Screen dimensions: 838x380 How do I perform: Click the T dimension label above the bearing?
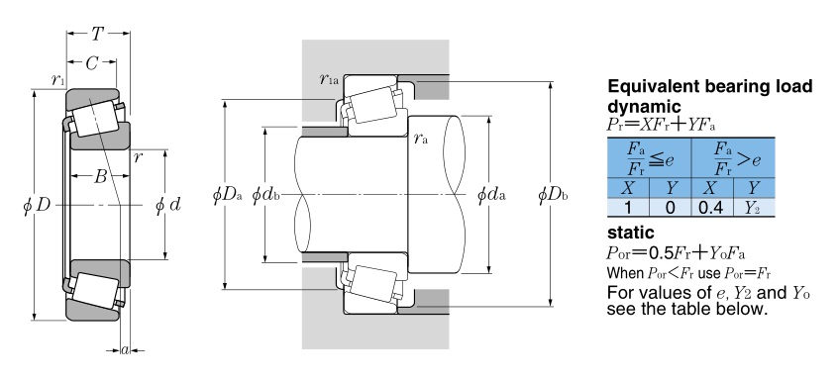(97, 35)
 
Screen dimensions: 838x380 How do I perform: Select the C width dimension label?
(92, 63)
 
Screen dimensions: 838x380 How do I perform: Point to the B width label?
(100, 177)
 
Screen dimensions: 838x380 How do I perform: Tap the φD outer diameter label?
(37, 206)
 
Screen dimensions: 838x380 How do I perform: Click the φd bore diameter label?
(168, 205)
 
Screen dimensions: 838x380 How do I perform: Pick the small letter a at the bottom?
(125, 350)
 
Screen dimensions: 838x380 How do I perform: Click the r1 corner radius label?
(57, 80)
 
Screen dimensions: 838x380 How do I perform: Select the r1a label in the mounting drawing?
(329, 79)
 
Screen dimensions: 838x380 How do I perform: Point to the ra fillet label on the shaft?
(421, 139)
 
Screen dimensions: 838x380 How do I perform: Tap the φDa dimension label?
(228, 195)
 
